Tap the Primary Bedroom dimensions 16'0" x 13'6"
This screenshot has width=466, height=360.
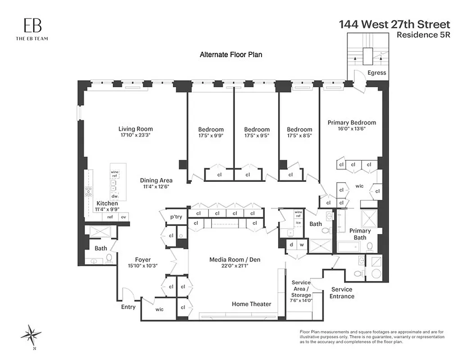[x=352, y=128]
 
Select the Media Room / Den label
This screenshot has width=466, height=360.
[x=235, y=260]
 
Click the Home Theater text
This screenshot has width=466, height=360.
[x=251, y=304]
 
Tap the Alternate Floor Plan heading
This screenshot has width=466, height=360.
[x=231, y=54]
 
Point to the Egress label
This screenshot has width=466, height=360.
[x=376, y=73]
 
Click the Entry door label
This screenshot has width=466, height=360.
[x=128, y=307]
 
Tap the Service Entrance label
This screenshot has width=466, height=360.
[x=342, y=292]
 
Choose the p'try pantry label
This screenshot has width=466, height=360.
[x=176, y=216]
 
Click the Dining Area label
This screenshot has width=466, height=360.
[x=156, y=180]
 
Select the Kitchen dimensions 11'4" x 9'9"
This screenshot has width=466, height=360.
[x=107, y=209]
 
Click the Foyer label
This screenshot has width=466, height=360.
[x=143, y=260]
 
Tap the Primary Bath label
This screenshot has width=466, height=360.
[x=360, y=234]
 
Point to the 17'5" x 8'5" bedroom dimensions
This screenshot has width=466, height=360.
[x=299, y=135]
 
